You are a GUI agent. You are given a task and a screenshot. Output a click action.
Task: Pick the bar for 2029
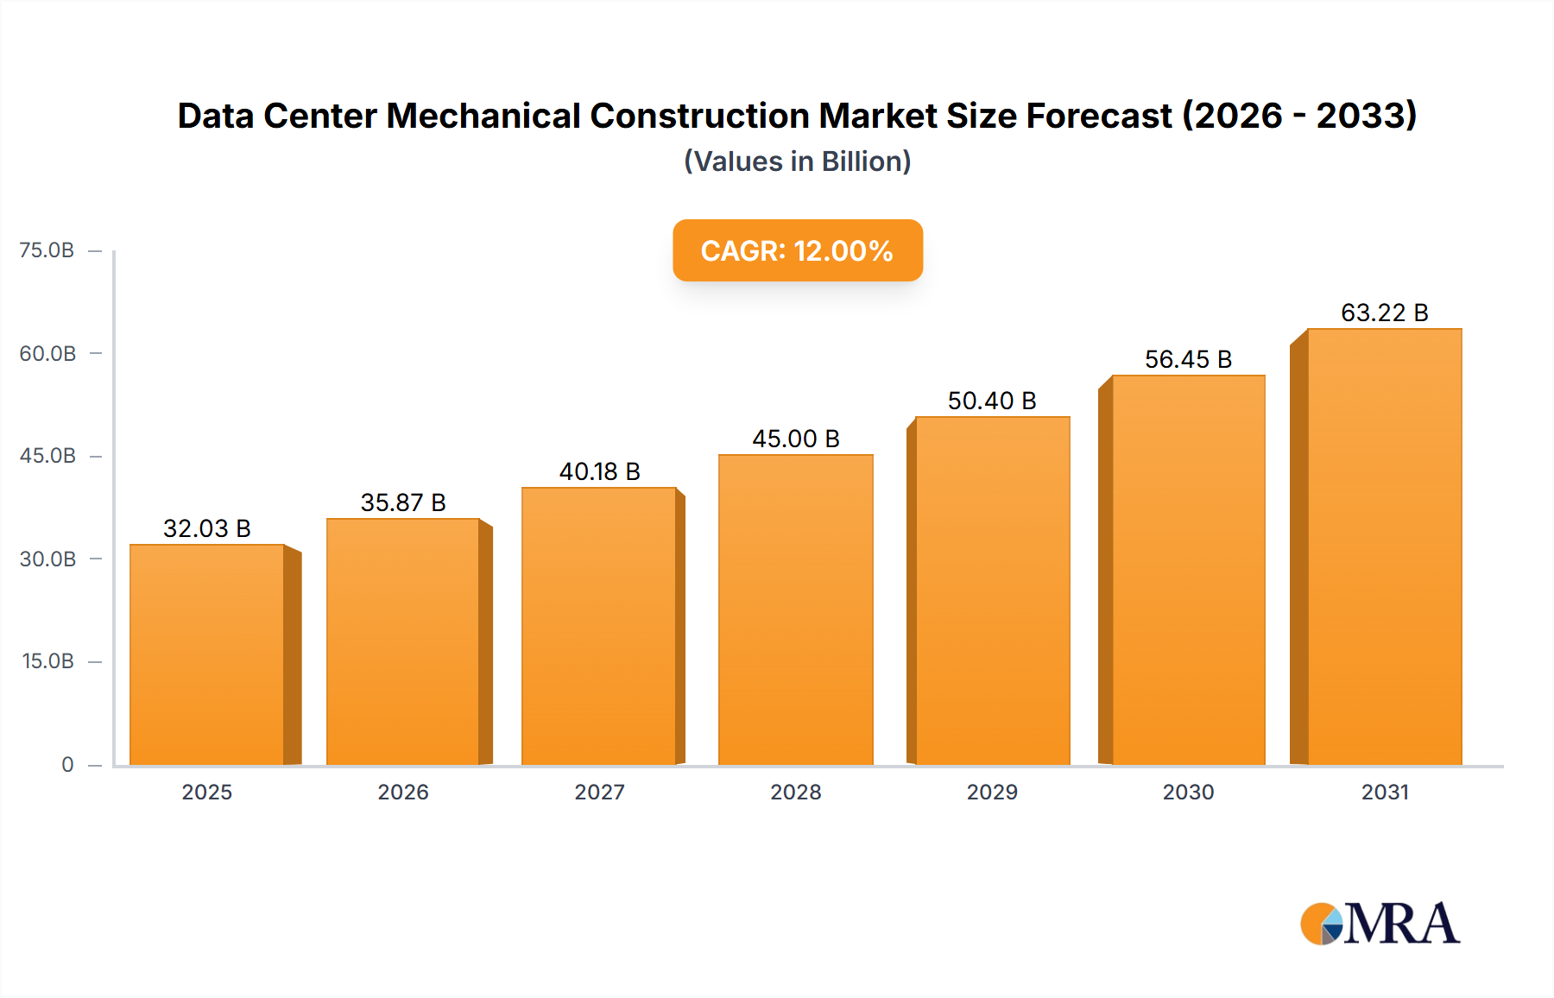992,591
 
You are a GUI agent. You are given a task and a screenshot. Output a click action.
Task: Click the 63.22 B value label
1384,313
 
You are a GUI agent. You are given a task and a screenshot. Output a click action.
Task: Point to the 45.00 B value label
795,439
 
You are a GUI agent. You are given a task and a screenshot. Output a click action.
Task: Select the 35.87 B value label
403,502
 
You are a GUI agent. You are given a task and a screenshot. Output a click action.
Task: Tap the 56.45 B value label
1188,359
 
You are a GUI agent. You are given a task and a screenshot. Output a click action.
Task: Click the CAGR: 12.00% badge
797,250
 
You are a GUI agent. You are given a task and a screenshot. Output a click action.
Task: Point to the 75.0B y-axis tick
47,250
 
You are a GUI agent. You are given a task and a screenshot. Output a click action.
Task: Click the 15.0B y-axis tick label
47,661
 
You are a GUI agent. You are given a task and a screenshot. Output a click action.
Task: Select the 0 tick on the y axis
67,765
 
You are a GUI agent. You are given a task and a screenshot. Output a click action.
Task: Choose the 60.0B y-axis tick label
47,353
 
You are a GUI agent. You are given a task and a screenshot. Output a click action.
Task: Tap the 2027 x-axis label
599,792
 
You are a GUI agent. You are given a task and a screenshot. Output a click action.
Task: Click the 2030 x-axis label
1188,792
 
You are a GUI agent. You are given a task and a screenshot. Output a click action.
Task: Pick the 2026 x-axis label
403,792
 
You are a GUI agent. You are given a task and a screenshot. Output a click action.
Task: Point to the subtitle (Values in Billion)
797,161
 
